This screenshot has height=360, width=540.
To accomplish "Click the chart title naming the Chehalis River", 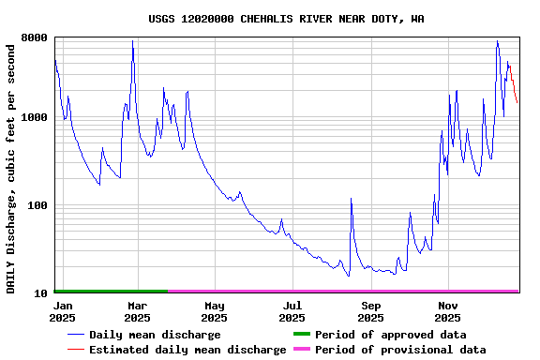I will coord(286,19).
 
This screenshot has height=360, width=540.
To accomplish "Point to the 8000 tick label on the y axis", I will coord(35,38).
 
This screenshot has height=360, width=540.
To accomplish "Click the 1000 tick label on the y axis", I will coord(35,118).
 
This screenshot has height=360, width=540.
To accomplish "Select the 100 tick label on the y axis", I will coord(38,206).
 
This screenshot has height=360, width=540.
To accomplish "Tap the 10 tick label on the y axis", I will coord(41,293).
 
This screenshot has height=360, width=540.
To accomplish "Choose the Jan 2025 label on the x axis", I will coord(63,311).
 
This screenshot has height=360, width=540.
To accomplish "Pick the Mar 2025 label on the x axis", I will coord(137,311).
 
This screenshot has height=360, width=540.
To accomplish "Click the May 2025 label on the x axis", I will coord(215,311).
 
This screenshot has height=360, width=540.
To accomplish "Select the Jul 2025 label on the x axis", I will coord(292,311).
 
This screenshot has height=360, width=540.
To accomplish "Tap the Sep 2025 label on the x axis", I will coord(370,311).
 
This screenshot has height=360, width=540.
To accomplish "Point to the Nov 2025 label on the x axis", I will coord(448,311).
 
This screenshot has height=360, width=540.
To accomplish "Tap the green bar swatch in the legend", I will coord(301,335).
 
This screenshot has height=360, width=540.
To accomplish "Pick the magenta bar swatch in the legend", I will coord(301,350).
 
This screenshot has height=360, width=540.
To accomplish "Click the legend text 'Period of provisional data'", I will coord(400,350).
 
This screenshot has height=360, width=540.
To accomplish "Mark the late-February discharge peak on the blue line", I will coord(133,42).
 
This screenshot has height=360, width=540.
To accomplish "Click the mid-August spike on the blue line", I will coord(351,200).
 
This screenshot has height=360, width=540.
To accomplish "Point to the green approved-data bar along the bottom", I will coord(111,292).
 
